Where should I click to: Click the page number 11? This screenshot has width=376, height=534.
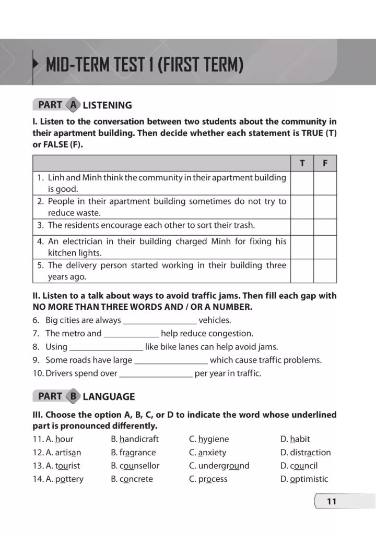(x=332, y=502)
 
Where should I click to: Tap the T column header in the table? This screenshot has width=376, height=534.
(x=302, y=163)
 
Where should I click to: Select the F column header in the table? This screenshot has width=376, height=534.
(x=325, y=163)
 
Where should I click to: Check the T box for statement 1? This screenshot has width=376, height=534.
(x=302, y=183)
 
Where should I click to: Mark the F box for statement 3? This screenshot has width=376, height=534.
(x=325, y=226)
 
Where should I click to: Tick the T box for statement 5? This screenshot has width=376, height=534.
(x=302, y=271)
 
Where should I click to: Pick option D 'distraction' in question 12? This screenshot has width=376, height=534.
(x=305, y=453)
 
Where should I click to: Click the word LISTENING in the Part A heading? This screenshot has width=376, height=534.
(x=108, y=105)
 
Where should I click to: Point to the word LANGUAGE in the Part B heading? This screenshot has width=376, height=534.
(x=109, y=397)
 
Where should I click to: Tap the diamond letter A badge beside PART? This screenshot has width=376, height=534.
(x=74, y=105)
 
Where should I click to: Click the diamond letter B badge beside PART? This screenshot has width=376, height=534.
(x=74, y=396)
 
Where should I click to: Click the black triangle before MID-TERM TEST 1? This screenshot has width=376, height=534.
(x=36, y=65)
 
